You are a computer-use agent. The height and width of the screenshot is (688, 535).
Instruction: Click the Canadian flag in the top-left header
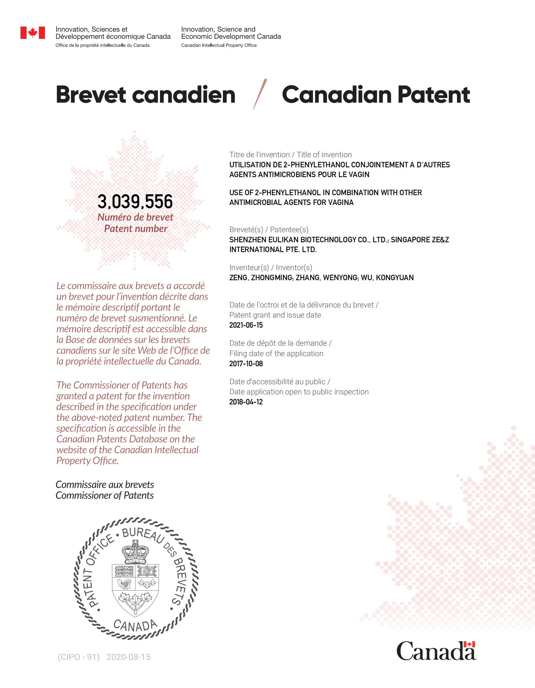(33, 32)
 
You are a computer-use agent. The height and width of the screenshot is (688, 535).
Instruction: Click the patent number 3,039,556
(135, 202)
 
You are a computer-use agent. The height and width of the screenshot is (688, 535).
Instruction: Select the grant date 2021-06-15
(246, 325)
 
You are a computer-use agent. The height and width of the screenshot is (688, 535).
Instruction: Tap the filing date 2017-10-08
(246, 363)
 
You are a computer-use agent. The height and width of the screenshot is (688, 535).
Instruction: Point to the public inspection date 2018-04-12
(246, 402)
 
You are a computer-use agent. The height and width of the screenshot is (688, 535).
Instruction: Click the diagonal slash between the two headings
(260, 94)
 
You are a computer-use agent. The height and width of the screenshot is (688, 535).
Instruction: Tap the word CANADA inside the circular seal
(135, 625)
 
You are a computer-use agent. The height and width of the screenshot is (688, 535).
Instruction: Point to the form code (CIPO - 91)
(78, 657)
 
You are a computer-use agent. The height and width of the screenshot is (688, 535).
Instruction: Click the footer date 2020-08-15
(128, 657)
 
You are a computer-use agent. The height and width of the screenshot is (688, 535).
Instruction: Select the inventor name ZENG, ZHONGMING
(261, 277)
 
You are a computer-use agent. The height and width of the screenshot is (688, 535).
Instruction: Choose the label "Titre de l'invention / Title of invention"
(291, 155)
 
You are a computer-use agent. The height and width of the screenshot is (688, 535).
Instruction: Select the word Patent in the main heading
(433, 95)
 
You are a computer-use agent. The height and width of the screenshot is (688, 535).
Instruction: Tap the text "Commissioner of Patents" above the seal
(105, 496)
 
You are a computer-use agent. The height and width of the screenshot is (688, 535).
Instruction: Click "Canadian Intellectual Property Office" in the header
(219, 45)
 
